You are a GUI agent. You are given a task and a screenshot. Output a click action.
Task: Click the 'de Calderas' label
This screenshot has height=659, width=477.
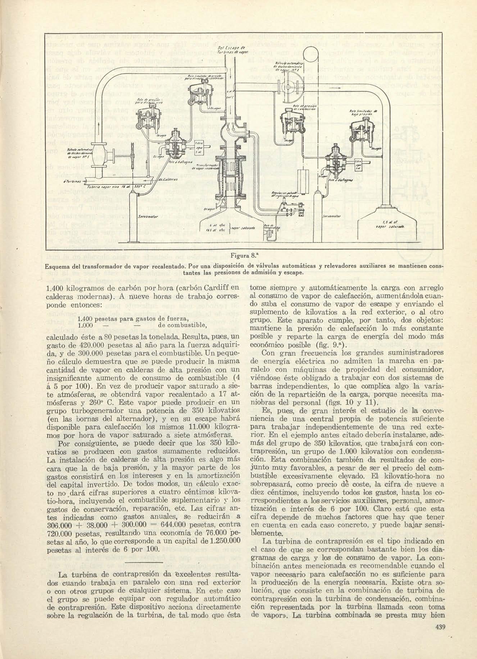(166, 179)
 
